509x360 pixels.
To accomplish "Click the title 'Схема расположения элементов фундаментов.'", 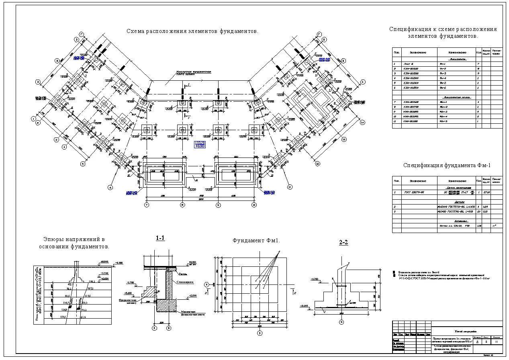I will point(192,31).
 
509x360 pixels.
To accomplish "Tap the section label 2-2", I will point(343,243).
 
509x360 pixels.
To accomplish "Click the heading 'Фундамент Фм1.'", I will point(256,241).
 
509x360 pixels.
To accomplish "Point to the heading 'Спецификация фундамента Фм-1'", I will point(447,165).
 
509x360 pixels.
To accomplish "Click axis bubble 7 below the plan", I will point(147,205).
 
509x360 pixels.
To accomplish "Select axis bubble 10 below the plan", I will point(254,205).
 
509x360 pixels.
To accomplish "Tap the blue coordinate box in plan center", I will point(200,145).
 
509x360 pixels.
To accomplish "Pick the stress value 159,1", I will point(63,317).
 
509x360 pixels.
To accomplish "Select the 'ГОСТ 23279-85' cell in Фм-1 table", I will point(414,192).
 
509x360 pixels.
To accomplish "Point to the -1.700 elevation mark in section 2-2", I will point(314,279).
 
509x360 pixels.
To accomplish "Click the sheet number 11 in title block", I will point(497,342).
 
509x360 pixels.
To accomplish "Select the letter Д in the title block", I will point(477,342).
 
